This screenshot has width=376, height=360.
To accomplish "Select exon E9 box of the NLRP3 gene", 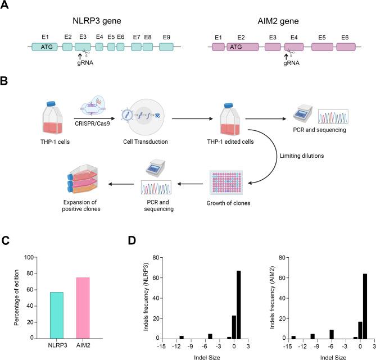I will tap(166, 49).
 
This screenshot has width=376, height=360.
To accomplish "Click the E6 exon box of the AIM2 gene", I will tap(344, 49).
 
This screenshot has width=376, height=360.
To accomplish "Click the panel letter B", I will tap(4, 81).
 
